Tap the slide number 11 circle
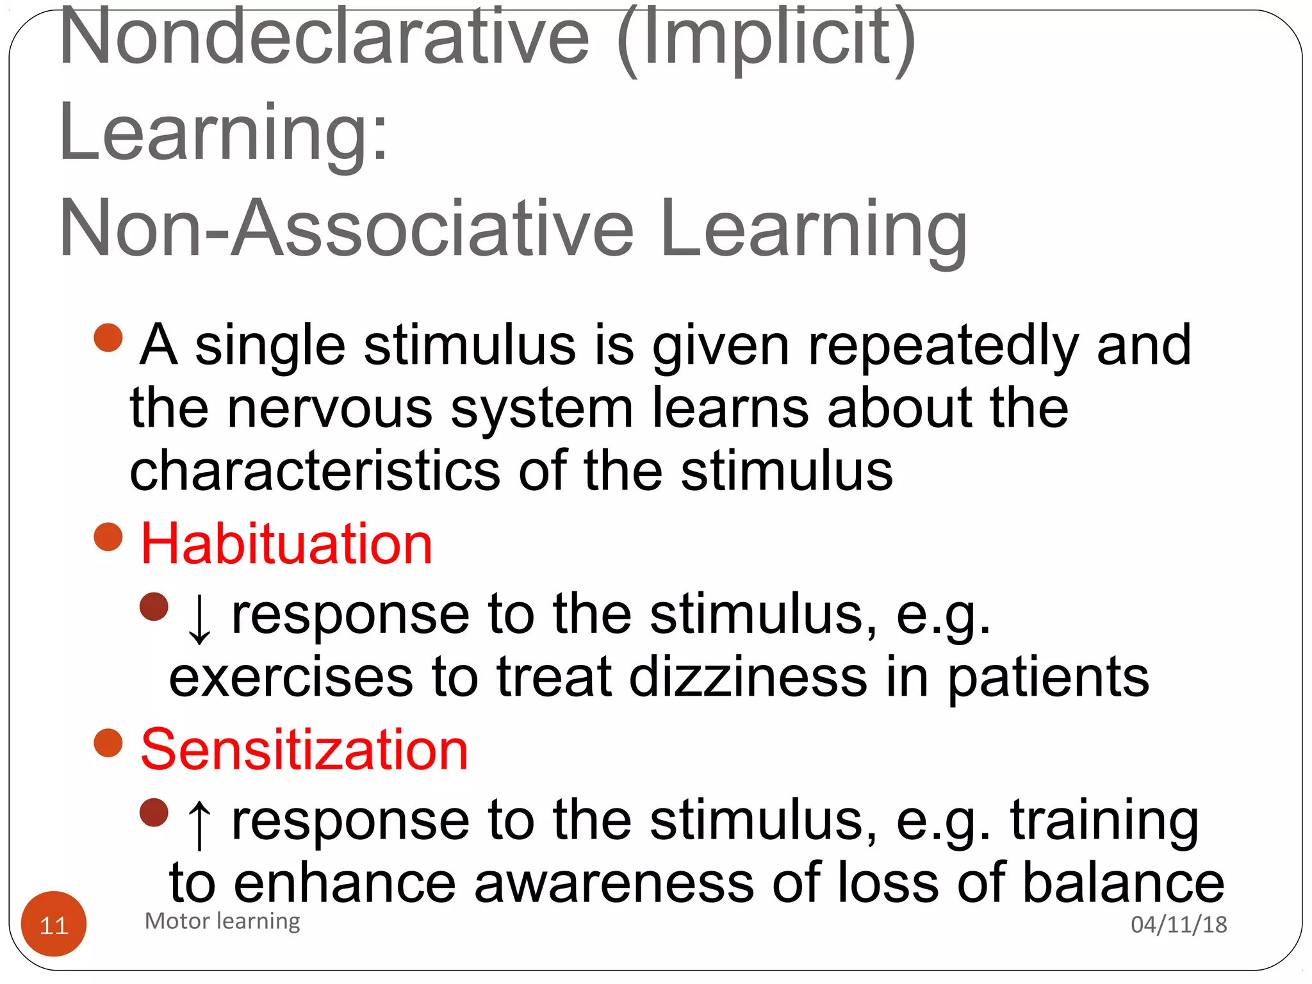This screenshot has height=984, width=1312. point(54,924)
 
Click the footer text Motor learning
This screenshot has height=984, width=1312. point(222,921)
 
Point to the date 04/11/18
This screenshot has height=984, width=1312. point(1179,924)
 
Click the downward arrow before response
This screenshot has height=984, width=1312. point(199,619)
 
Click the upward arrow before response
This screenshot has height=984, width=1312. point(199,824)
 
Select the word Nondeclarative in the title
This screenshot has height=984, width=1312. point(324,38)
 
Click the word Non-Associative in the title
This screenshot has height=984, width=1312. point(346,229)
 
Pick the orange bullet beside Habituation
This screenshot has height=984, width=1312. point(108,537)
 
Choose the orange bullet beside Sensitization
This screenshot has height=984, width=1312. point(108,743)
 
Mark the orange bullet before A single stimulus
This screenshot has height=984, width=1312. point(108,338)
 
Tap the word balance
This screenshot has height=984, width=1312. point(1124,883)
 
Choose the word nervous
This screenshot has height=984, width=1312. point(330,408)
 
